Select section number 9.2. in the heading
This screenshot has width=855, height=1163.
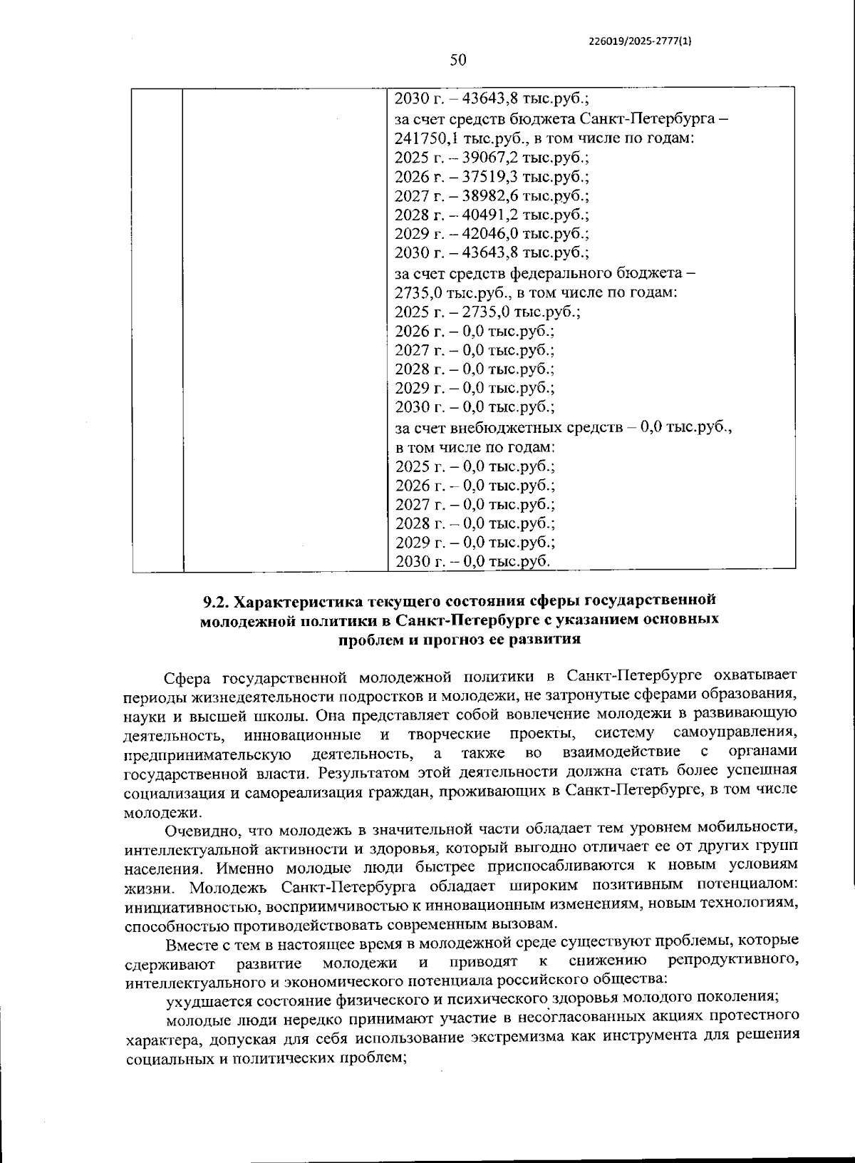click(x=218, y=600)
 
